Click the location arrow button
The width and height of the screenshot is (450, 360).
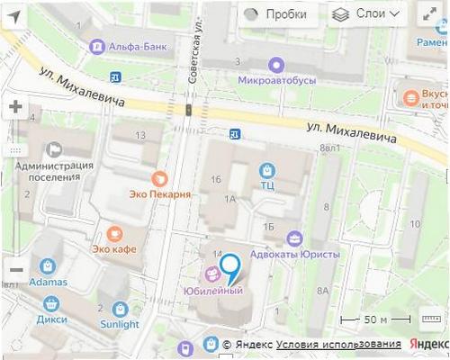[x=14, y=15]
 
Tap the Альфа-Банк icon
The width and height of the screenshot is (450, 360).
[x=96, y=45]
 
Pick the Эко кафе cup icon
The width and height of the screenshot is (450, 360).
[x=113, y=232]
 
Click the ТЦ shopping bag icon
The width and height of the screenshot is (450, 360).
[x=267, y=169]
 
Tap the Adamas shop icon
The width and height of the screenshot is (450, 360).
[x=47, y=266]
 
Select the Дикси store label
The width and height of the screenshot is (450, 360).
[x=52, y=319]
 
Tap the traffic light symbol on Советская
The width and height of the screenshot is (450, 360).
[x=188, y=110]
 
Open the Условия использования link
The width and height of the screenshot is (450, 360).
[x=338, y=344]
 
